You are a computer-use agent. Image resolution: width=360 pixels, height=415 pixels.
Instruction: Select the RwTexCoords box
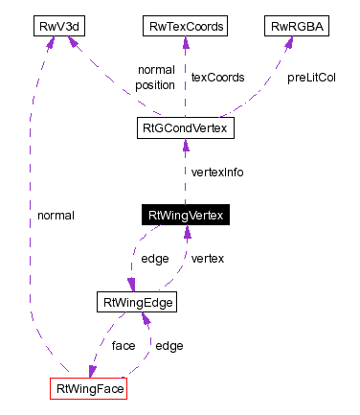pyautogui.click(x=185, y=26)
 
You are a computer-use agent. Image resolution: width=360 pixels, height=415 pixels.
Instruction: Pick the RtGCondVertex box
pyautogui.click(x=185, y=127)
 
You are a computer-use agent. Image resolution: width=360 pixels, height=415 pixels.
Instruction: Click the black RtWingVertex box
pyautogui.click(x=185, y=216)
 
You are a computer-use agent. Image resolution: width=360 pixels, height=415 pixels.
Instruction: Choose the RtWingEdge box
pyautogui.click(x=137, y=303)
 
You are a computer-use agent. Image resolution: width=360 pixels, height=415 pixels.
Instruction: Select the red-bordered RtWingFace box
pyautogui.click(x=88, y=389)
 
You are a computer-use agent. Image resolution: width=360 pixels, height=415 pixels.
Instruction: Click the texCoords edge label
pyautogui.click(x=216, y=77)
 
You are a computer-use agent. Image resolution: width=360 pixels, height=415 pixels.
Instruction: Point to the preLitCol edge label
pyautogui.click(x=311, y=77)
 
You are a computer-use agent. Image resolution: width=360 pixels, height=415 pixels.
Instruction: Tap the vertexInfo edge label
pyautogui.click(x=217, y=173)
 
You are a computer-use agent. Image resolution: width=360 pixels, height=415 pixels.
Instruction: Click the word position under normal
pyautogui.click(x=155, y=84)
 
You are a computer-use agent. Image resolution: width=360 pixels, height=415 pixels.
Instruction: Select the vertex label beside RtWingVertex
pyautogui.click(x=208, y=259)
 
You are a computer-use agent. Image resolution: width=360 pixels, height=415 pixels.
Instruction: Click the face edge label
pyautogui.click(x=123, y=345)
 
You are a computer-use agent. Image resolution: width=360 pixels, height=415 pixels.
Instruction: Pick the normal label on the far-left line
pyautogui.click(x=56, y=216)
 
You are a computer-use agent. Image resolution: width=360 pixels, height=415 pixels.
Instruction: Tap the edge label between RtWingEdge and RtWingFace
pyautogui.click(x=169, y=345)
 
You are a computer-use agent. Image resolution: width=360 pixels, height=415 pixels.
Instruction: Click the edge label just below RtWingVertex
pyautogui.click(x=155, y=259)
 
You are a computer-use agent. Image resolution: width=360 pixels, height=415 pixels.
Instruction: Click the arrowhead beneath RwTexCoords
pyautogui.click(x=185, y=43)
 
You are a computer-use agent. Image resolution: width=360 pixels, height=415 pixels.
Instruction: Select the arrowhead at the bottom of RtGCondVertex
pyautogui.click(x=185, y=145)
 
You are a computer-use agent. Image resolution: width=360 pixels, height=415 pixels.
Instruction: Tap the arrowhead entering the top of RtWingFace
pyautogui.click(x=91, y=372)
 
